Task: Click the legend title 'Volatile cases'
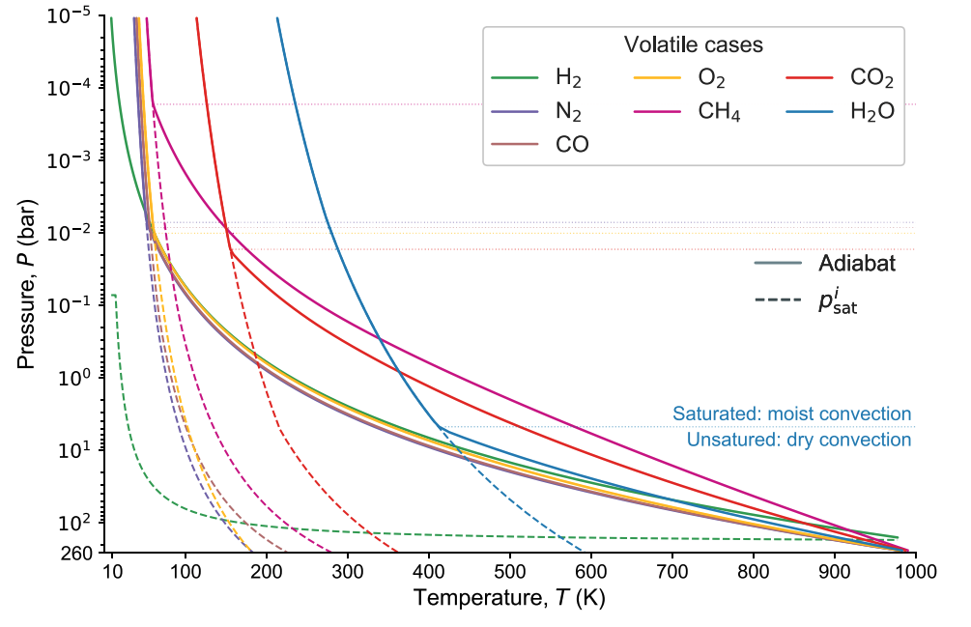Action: [x=693, y=45]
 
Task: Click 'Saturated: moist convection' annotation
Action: [x=799, y=414]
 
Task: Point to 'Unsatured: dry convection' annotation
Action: [x=799, y=440]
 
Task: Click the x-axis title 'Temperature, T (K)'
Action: [x=509, y=599]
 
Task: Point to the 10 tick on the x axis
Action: [x=112, y=573]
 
